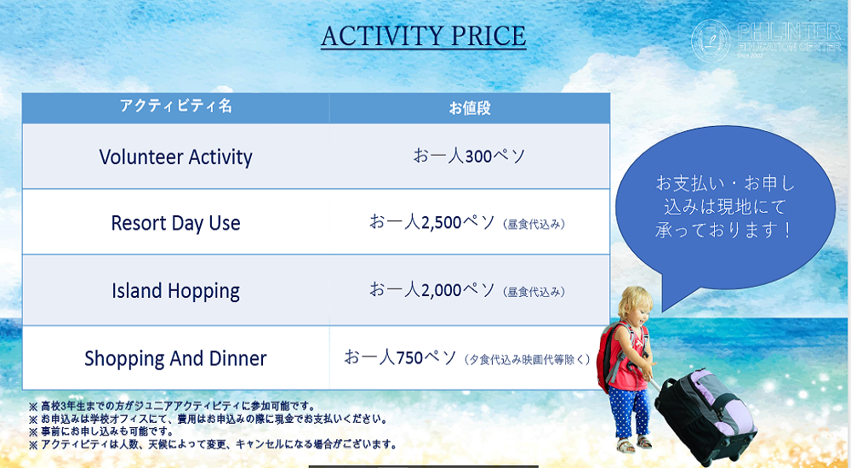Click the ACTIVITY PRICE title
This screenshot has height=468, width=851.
(x=423, y=37)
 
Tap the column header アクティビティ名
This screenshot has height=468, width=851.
(x=175, y=107)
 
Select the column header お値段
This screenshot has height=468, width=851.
(x=470, y=108)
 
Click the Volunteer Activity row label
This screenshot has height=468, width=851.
(x=175, y=157)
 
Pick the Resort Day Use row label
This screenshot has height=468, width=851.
(x=175, y=223)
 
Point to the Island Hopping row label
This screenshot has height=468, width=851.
(x=175, y=291)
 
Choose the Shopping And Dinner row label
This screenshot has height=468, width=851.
(x=175, y=358)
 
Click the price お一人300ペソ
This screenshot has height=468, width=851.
(x=469, y=156)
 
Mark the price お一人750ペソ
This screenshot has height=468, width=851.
(x=401, y=357)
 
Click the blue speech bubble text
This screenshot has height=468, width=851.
(x=724, y=207)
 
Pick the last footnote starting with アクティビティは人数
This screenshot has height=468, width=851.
(x=213, y=444)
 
